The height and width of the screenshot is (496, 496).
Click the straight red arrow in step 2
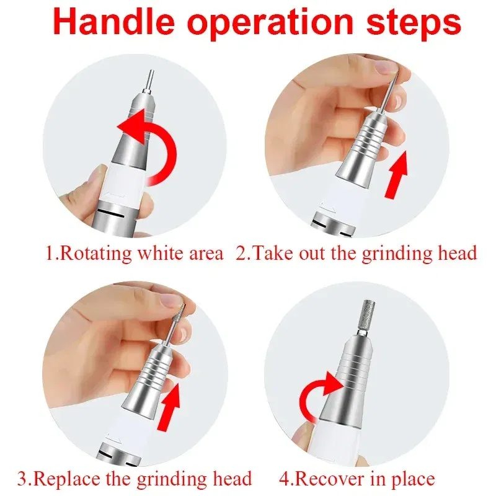pos(397,176)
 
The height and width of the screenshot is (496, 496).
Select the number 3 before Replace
pos(24,478)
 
